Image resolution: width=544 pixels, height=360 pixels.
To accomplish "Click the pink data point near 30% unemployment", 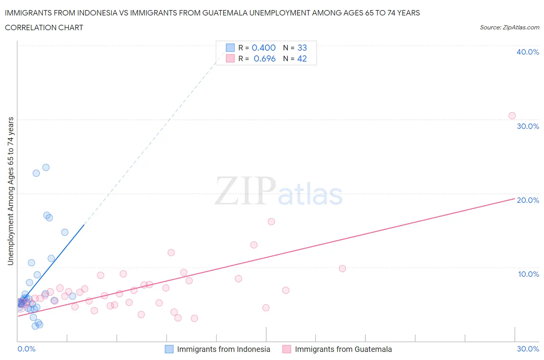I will point(512,116).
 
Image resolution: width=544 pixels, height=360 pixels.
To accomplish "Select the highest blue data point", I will point(46,167).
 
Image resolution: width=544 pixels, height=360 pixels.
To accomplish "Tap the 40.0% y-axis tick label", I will point(528,52).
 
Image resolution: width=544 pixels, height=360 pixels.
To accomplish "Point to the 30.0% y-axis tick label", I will point(528,126).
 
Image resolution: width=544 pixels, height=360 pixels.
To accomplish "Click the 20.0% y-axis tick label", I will point(528,200).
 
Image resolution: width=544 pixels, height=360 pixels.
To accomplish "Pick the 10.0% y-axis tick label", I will point(529,274).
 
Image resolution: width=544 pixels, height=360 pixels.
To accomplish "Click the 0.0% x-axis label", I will point(26,349).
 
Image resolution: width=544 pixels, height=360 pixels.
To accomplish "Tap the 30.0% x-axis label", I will point(528,349).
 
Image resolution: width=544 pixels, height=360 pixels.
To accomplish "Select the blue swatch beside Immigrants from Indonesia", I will point(169,349).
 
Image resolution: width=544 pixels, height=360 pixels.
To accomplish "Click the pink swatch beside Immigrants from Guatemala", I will point(287,349).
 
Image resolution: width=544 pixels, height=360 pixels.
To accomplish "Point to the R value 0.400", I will point(263,48).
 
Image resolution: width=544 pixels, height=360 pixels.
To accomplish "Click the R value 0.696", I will point(265,58).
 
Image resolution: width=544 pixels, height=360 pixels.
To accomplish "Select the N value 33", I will point(302,48).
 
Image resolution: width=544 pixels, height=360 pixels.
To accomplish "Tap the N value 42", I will point(302,58).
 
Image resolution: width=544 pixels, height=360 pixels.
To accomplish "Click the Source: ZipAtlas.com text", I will point(509,27).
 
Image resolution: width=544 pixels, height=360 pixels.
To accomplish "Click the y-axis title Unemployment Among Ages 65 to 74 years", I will point(10,191).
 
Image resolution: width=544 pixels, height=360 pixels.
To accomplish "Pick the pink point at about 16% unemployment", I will point(271,221).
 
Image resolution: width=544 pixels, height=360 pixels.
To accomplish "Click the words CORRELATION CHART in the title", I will point(44,27).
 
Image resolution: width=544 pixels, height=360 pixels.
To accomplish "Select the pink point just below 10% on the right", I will point(342,268).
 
